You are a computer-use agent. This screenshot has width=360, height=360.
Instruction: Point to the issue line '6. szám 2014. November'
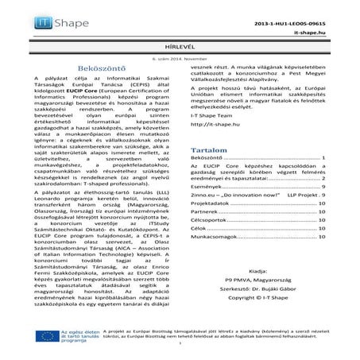[x=179, y=58]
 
